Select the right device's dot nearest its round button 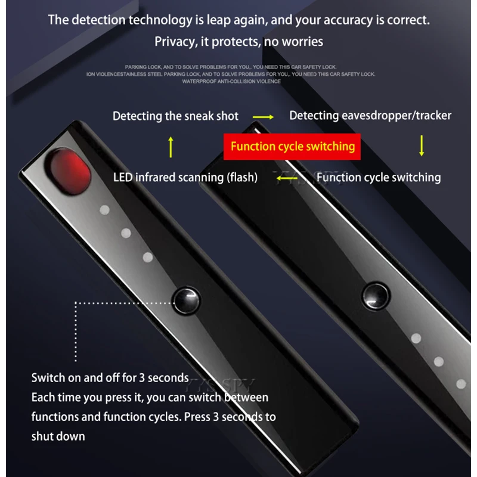(x=416, y=339)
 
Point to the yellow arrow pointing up (x=171, y=147)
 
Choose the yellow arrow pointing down (x=422, y=146)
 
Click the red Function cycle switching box (x=292, y=146)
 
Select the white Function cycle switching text (x=379, y=177)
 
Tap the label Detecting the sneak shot (x=175, y=116)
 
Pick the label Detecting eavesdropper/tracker (x=370, y=116)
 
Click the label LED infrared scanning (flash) (x=185, y=177)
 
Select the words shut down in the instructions (x=58, y=436)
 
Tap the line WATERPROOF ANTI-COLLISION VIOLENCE (x=231, y=82)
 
